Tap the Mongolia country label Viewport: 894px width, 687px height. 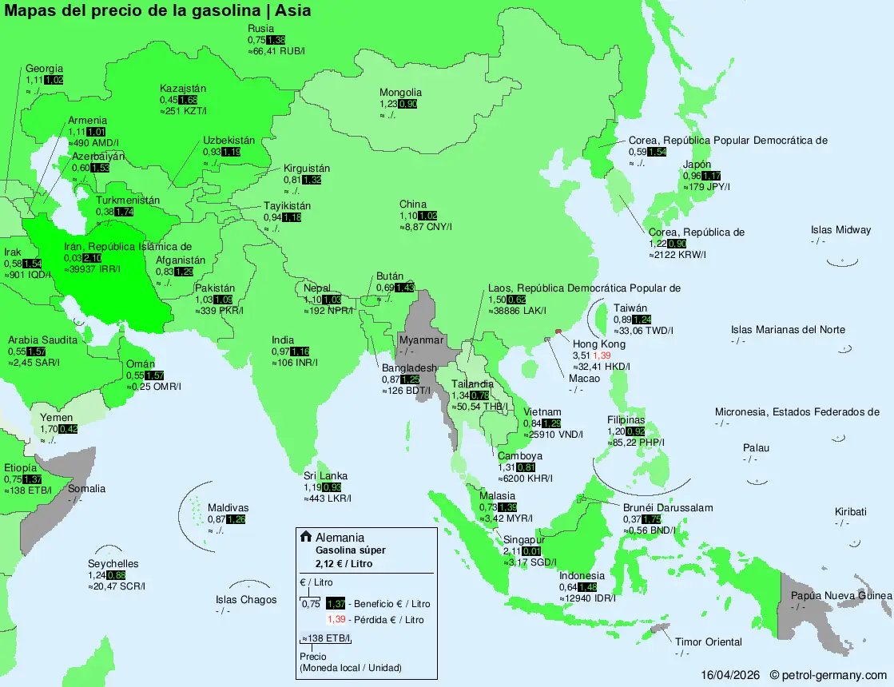click(x=400, y=93)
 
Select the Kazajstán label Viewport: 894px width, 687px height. click(x=183, y=88)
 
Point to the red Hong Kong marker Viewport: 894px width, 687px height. click(x=558, y=331)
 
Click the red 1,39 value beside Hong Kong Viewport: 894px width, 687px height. click(x=603, y=355)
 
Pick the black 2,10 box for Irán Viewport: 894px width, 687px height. click(x=92, y=257)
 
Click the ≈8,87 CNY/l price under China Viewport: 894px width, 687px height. click(x=426, y=228)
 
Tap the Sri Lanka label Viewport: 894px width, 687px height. click(x=325, y=476)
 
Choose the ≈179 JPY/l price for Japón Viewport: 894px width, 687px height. click(x=706, y=187)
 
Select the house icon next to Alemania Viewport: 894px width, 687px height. click(x=305, y=537)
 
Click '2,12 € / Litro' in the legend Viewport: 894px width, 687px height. click(x=344, y=564)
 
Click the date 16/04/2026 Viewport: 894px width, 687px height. click(x=730, y=676)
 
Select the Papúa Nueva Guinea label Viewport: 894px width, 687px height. click(x=840, y=596)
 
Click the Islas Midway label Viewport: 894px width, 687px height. click(x=840, y=230)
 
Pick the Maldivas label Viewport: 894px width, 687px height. click(x=228, y=508)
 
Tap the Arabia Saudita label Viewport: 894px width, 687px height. click(x=42, y=340)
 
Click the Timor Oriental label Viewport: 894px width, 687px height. click(x=708, y=642)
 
